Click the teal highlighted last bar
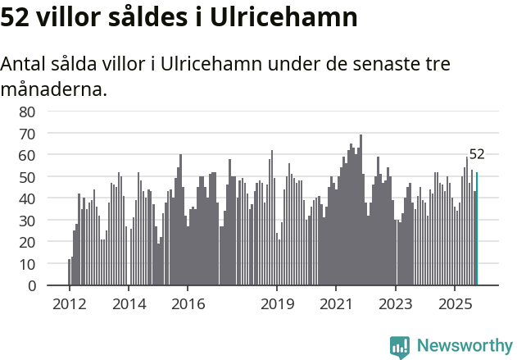pos(477,229)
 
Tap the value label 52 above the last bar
pos(477,154)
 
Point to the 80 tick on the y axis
pos(27,112)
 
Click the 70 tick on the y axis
pos(27,133)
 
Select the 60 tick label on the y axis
pos(27,155)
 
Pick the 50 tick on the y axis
pos(27,177)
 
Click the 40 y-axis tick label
pos(27,198)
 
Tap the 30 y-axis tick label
pos(27,221)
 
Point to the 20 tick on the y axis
pos(27,243)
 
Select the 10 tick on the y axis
pos(27,264)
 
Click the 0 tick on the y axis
pos(31,286)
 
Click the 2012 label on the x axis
pos(69,303)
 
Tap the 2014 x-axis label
pos(129,303)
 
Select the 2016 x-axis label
pos(188,303)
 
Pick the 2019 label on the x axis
pos(277,303)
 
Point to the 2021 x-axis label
pos(336,303)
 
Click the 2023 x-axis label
pos(396,303)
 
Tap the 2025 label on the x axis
pos(455,303)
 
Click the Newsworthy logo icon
pos(400,347)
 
